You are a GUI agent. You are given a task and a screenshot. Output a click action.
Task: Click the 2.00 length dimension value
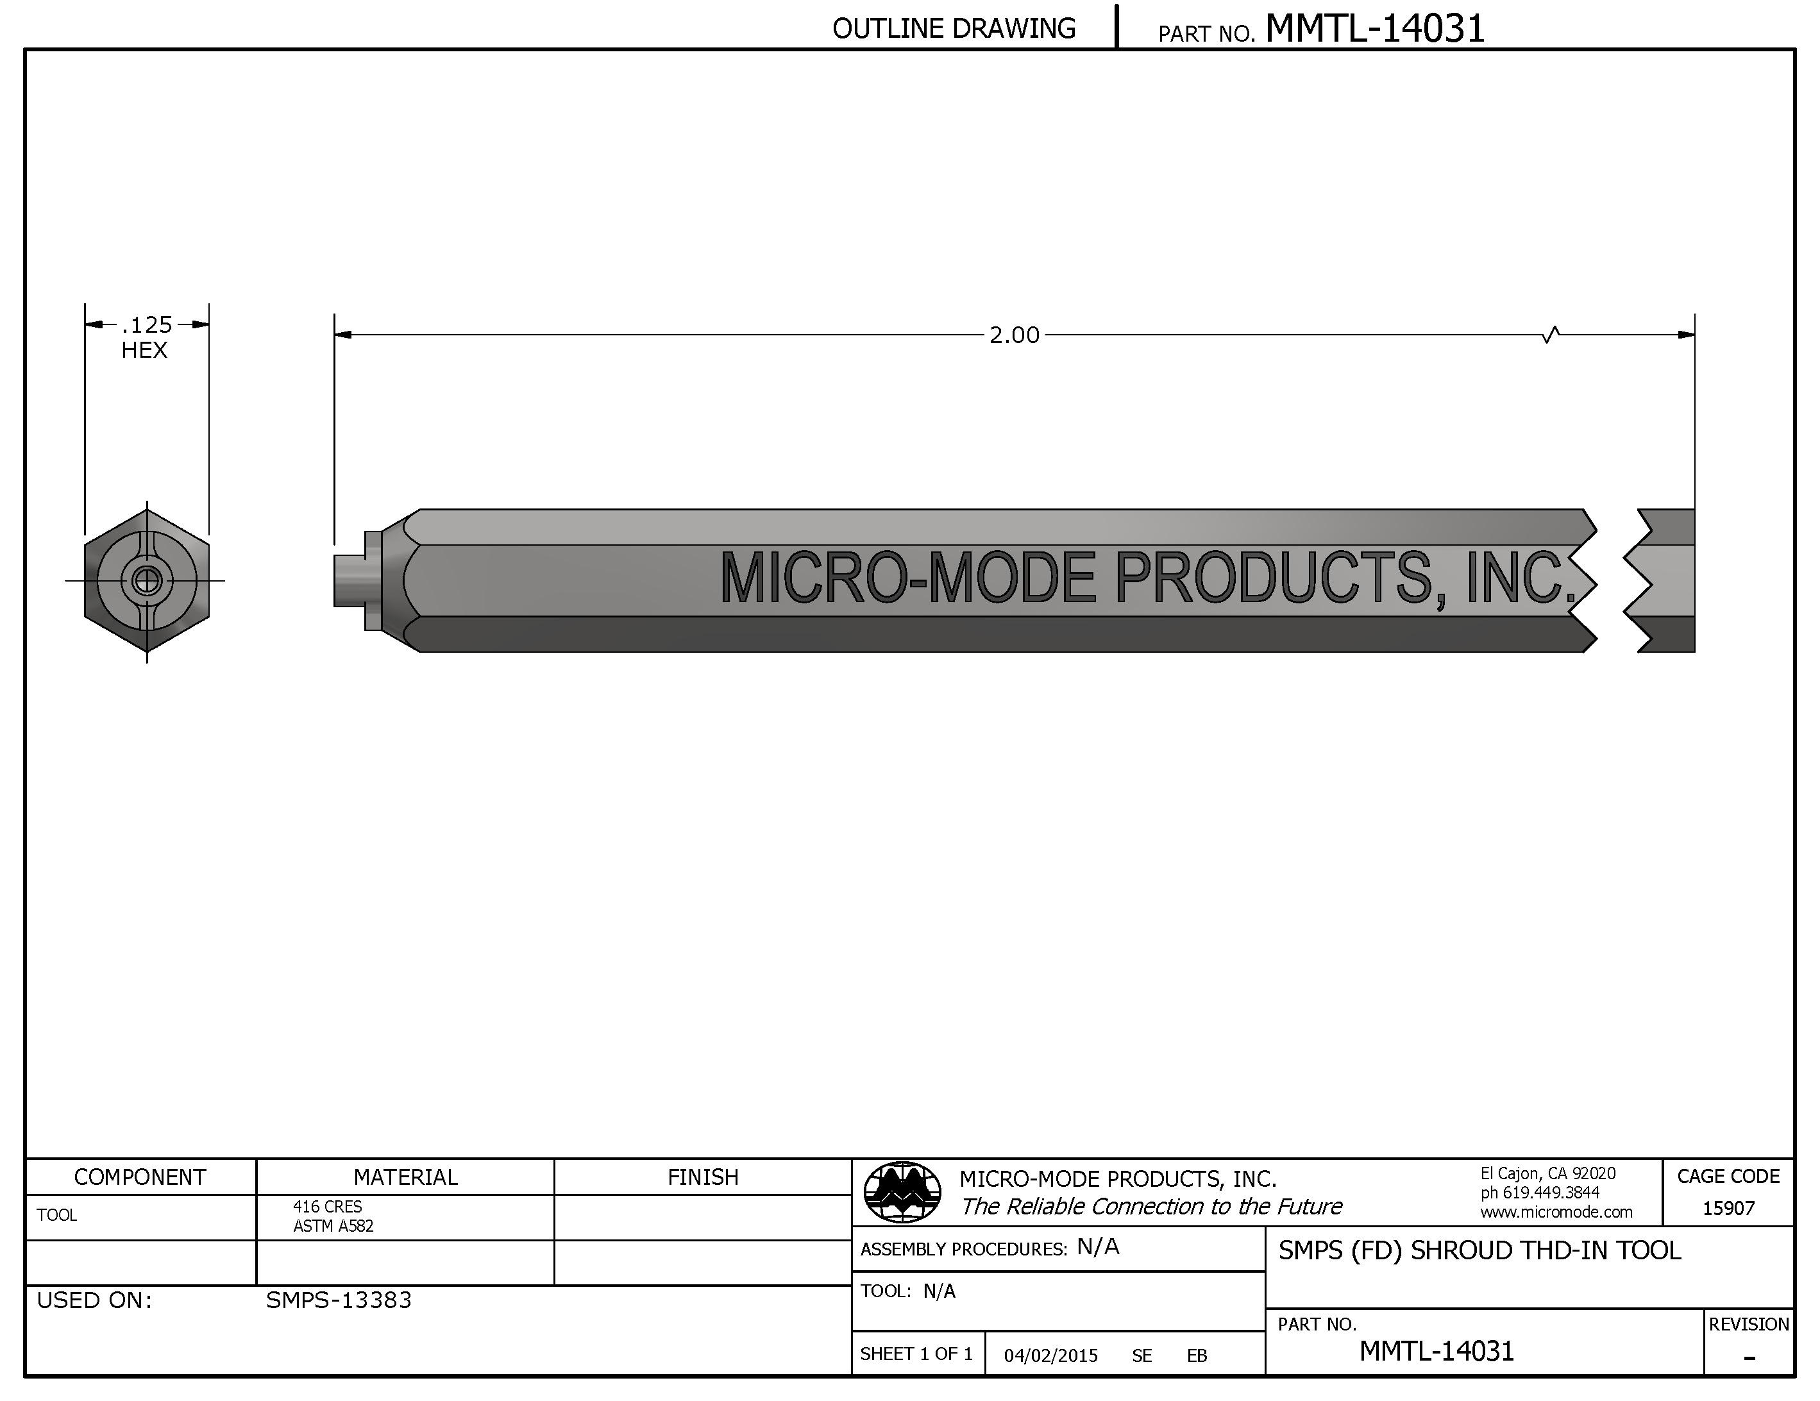1013,335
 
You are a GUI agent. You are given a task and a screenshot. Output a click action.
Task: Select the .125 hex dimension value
147,324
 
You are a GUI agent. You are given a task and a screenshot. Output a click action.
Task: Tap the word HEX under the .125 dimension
144,350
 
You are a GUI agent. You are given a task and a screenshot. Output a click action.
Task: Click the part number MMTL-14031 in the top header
1374,29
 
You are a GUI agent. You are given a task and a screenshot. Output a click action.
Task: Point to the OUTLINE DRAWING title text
954,29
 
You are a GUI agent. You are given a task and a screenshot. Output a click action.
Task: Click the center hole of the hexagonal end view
147,580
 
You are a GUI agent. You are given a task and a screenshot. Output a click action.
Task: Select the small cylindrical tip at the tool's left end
349,580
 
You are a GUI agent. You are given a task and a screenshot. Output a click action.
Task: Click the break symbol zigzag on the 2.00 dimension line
1551,335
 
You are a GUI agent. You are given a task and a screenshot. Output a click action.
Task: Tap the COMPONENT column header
140,1177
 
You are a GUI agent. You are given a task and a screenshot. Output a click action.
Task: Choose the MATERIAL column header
405,1177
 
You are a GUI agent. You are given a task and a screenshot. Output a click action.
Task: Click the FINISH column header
702,1177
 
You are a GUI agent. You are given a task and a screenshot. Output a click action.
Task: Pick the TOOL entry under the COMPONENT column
56,1215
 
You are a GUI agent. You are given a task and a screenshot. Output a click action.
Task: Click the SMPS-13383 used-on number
339,1300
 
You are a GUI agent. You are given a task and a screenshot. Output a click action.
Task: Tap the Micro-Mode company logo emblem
902,1192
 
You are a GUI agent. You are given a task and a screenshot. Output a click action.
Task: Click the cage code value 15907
1728,1207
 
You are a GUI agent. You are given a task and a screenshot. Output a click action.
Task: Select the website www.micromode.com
1556,1212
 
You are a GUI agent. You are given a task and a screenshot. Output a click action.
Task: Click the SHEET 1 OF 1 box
916,1354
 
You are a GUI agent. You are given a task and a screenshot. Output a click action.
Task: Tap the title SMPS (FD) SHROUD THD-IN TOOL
1479,1250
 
